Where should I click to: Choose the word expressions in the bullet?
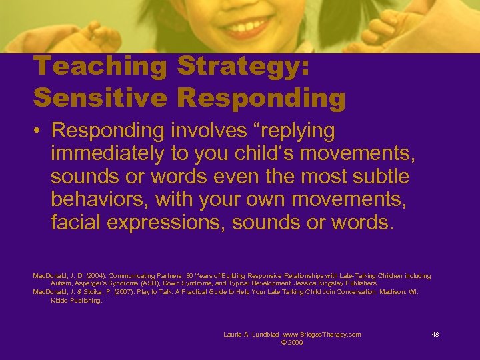pyautogui.click(x=169, y=221)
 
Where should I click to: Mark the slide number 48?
pyautogui.click(x=435, y=335)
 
